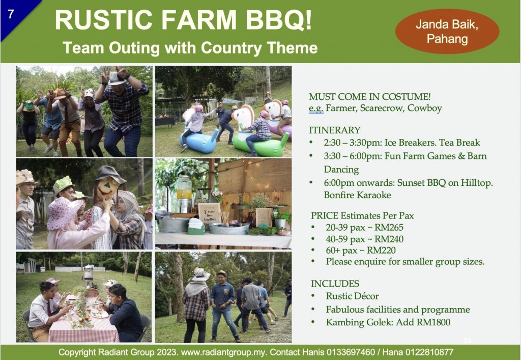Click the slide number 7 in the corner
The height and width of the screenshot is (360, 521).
11,14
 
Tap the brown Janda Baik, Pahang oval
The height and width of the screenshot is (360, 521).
447,31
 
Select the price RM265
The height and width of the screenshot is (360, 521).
389,228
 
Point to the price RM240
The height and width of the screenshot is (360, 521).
389,239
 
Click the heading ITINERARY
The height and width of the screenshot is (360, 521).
335,130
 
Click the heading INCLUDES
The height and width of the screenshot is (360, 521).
335,284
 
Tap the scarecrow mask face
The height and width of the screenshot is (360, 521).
106,188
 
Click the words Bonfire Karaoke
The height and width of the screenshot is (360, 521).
357,195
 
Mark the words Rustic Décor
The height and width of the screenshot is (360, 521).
352,296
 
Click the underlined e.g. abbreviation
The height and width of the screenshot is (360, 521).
316,108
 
